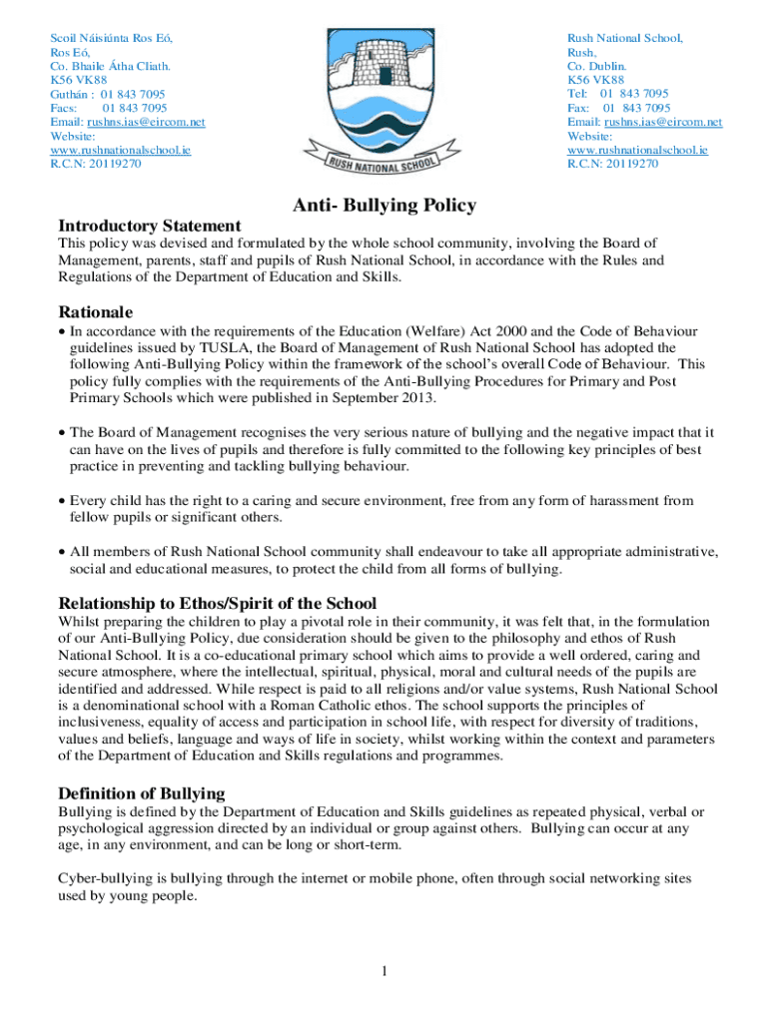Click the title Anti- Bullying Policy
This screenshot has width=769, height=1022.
pyautogui.click(x=384, y=206)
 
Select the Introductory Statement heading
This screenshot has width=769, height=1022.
pyautogui.click(x=150, y=226)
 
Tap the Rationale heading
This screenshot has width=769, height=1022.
pyautogui.click(x=95, y=311)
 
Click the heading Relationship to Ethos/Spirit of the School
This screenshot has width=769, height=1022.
pyautogui.click(x=218, y=603)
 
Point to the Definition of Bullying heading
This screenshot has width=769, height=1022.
pyautogui.click(x=141, y=793)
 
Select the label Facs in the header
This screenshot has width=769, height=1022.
pyautogui.click(x=65, y=108)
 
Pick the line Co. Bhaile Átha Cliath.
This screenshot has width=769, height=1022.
pyautogui.click(x=110, y=66)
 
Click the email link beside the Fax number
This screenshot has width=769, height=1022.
pyautogui.click(x=644, y=122)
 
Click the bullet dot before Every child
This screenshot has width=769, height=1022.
pyautogui.click(x=62, y=501)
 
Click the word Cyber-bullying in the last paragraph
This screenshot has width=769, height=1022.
pyautogui.click(x=97, y=878)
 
